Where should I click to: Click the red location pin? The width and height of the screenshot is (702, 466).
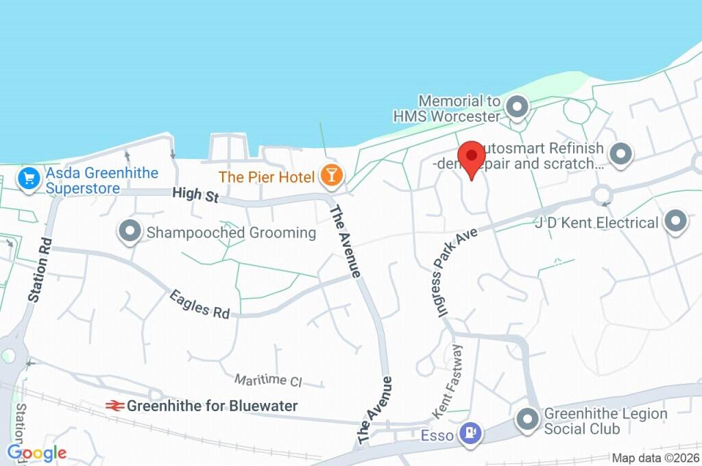pyautogui.click(x=471, y=157)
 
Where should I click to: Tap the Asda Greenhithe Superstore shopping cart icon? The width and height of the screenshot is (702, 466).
pyautogui.click(x=28, y=180)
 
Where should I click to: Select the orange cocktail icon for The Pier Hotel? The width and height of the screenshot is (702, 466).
pyautogui.click(x=331, y=177)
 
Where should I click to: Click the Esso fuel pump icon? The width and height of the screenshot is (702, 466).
pyautogui.click(x=470, y=432)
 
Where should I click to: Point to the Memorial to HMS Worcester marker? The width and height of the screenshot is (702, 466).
pyautogui.click(x=517, y=107)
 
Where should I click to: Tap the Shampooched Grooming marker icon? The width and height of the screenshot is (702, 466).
pyautogui.click(x=130, y=232)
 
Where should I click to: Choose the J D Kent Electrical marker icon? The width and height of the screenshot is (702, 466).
pyautogui.click(x=676, y=222)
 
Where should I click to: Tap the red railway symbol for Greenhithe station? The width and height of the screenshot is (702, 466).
pyautogui.click(x=114, y=406)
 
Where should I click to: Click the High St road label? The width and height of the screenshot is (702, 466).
pyautogui.click(x=196, y=195)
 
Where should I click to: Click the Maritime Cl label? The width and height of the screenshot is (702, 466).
pyautogui.click(x=268, y=380)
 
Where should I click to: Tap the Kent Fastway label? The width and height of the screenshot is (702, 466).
pyautogui.click(x=449, y=382)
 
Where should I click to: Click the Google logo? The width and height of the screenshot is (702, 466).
pyautogui.click(x=36, y=452)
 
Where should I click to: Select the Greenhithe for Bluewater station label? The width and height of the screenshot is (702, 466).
pyautogui.click(x=212, y=406)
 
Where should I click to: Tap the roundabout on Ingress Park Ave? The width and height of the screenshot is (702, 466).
pyautogui.click(x=602, y=194)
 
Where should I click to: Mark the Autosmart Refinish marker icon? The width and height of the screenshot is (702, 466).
pyautogui.click(x=620, y=155)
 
